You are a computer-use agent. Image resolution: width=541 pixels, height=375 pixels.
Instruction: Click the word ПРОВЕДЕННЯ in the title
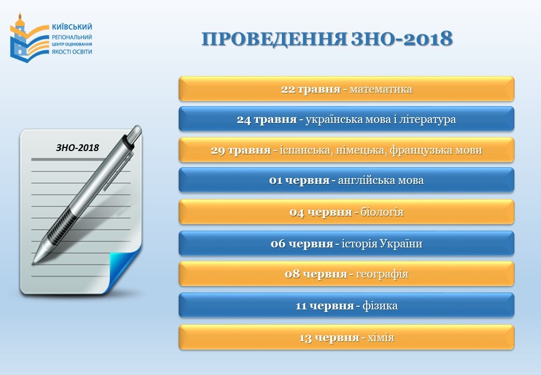(274, 39)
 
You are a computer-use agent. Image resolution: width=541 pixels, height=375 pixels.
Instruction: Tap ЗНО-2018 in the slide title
(402, 39)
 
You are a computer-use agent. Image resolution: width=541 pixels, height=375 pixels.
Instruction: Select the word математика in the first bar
(381, 90)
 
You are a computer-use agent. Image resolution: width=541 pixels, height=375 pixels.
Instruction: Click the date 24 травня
(267, 119)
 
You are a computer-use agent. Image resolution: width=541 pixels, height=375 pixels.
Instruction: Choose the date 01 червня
(299, 181)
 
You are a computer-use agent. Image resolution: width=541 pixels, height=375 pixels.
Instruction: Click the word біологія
(382, 211)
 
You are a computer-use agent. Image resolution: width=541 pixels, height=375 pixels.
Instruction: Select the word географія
(382, 274)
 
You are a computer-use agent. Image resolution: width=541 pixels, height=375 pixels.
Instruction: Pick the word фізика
(380, 306)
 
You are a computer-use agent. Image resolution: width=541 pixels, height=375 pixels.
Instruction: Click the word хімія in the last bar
(381, 337)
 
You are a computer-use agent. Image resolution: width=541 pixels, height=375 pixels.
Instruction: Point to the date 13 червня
(329, 337)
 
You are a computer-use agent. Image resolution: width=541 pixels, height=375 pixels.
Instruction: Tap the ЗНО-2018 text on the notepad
(78, 148)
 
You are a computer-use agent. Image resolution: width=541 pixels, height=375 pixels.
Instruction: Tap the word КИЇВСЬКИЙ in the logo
(72, 27)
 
